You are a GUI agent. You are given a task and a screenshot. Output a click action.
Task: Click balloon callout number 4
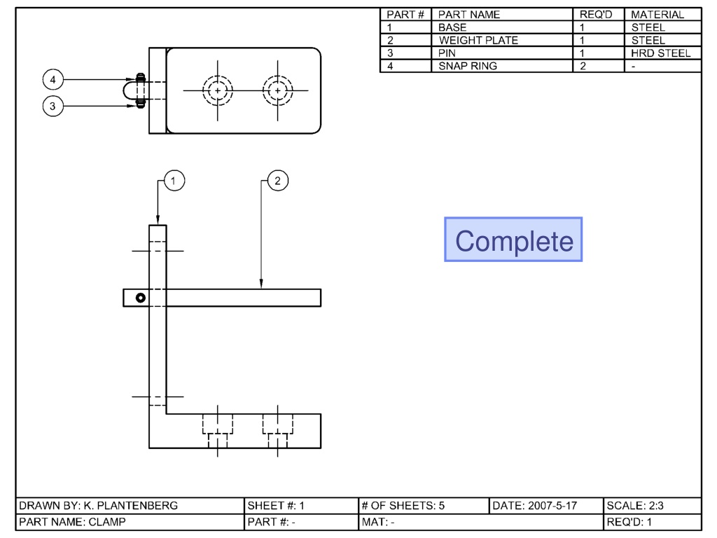53,80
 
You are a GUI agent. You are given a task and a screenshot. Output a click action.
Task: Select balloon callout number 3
53,106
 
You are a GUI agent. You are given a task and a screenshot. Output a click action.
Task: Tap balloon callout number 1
174,181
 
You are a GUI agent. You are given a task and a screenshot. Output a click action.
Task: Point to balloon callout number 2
278,181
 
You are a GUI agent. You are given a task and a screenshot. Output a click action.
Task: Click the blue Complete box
513,240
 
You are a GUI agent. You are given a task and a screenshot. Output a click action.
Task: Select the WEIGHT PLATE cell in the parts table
502,40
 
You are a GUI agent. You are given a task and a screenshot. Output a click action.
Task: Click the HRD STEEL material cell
663,53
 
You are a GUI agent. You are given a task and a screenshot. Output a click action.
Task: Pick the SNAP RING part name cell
502,66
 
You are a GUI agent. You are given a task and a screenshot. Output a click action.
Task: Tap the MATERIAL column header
663,15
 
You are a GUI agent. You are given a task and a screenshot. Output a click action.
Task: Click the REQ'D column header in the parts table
599,15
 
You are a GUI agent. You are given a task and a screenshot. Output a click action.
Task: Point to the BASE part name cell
502,27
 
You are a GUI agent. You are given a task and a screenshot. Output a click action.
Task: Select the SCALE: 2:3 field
653,506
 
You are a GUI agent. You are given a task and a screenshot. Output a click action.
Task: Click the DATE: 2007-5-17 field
546,506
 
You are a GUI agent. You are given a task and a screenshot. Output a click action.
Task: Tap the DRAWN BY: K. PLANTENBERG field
130,506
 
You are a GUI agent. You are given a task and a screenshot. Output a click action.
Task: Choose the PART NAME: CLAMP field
130,522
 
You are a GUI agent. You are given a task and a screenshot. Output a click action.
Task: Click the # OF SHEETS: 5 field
424,506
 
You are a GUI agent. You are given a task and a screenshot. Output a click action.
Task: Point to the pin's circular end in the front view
141,298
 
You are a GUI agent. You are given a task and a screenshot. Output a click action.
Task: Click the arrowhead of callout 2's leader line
261,284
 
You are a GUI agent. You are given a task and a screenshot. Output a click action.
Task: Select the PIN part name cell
502,53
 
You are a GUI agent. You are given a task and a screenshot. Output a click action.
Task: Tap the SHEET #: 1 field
301,506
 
